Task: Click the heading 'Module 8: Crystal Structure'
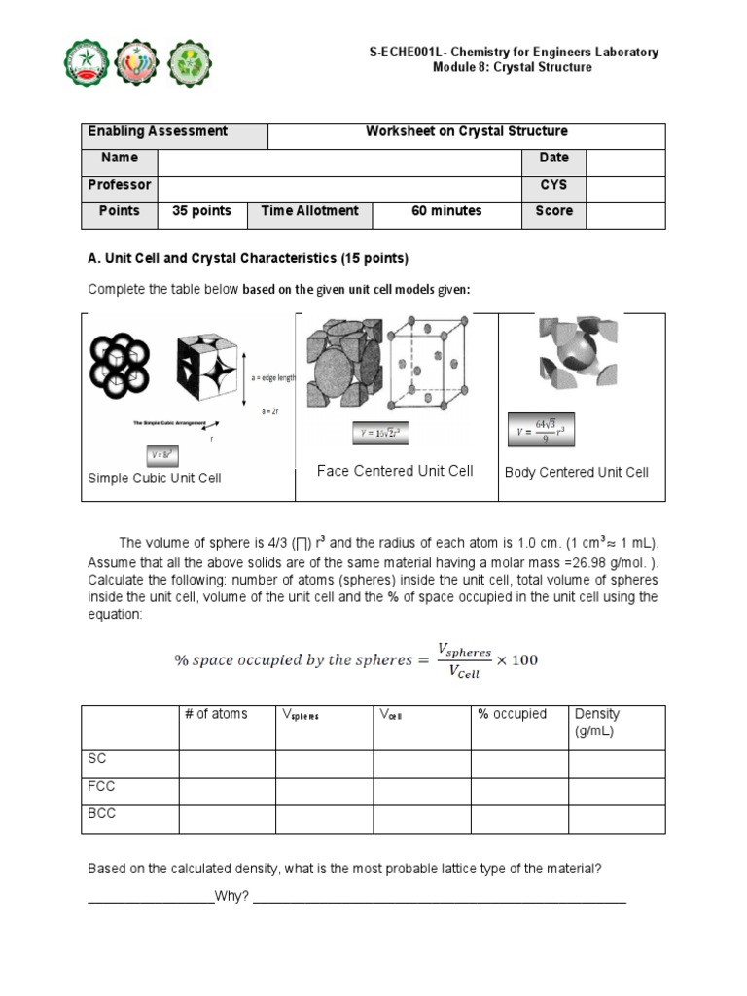[x=512, y=67]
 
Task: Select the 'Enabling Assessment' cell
[x=158, y=131]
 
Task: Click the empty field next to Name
[x=338, y=159]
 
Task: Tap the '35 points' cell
[x=201, y=211]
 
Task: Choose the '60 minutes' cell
[x=446, y=211]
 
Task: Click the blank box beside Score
[x=625, y=212]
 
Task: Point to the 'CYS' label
[x=553, y=185]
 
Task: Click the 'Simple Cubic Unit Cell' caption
[x=155, y=478]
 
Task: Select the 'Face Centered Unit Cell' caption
[x=395, y=471]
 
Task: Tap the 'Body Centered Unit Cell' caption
[x=577, y=472]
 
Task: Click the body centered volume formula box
[x=538, y=429]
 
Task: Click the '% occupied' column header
[x=513, y=714]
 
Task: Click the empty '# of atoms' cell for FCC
[x=227, y=791]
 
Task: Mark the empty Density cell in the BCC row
[x=617, y=818]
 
